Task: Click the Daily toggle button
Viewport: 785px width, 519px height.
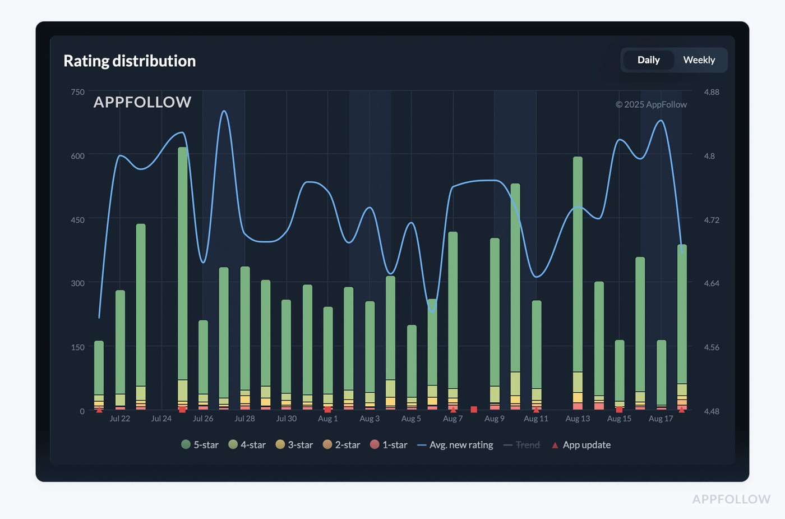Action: pos(648,60)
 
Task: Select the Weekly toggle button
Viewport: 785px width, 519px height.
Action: pos(699,60)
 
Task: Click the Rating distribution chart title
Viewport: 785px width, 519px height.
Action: pos(130,61)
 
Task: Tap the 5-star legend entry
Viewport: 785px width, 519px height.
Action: pos(200,445)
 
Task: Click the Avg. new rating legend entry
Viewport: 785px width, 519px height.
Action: pos(455,445)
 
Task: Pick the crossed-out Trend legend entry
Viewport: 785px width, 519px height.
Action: pos(522,445)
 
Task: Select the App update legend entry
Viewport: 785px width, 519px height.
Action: pos(581,445)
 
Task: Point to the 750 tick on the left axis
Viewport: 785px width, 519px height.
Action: pos(77,92)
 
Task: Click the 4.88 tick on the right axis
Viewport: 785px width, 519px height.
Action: pos(711,92)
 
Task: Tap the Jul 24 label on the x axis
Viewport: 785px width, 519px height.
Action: pos(161,419)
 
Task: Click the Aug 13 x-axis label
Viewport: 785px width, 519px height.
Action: pos(578,419)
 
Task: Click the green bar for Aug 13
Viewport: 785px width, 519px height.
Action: pos(578,264)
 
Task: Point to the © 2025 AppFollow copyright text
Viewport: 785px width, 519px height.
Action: pos(651,104)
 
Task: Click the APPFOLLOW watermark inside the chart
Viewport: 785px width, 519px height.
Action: pos(142,102)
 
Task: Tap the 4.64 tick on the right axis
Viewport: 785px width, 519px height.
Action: pos(711,283)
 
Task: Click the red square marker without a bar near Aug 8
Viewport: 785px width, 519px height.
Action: pos(474,410)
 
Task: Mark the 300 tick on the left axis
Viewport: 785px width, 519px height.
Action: pos(77,283)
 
